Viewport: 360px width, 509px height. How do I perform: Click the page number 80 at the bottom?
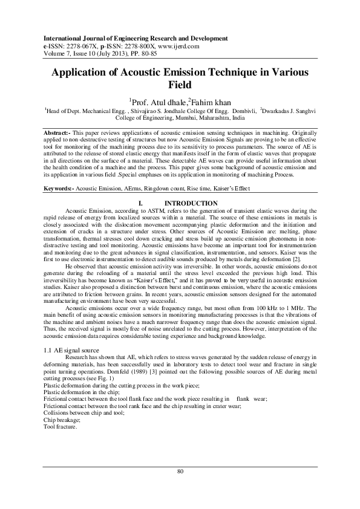tap(180, 472)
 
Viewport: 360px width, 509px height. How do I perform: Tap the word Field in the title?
tap(179, 85)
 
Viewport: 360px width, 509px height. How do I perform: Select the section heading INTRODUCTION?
tap(191, 203)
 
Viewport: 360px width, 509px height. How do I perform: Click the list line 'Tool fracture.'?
tap(61, 426)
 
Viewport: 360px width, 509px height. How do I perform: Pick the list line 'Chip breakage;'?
tap(64, 419)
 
